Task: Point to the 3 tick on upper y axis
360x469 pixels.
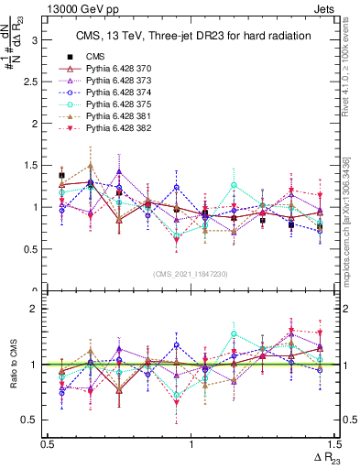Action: tap(36, 40)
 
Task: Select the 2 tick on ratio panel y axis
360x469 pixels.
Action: tap(36, 309)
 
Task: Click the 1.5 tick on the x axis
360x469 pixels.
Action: tap(336, 442)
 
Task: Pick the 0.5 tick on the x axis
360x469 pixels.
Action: tap(47, 442)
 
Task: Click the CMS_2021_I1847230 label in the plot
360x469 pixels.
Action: tap(191, 273)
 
